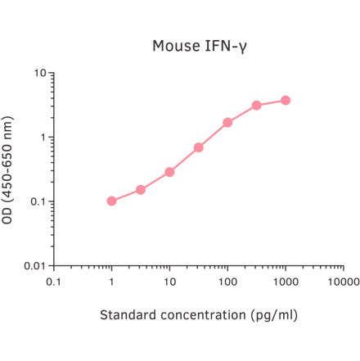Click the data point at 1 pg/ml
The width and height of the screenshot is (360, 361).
[112, 201]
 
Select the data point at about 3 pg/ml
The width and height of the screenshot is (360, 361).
[141, 190]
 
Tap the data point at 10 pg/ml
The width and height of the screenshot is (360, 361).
[170, 172]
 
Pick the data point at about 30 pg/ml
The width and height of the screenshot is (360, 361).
[199, 147]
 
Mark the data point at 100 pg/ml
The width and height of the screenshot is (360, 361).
[227, 123]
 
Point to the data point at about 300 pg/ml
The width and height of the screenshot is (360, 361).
[257, 105]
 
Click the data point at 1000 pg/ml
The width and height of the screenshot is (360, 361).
[286, 100]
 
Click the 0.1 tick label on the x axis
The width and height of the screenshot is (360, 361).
[54, 282]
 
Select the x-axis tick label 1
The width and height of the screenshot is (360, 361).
[112, 282]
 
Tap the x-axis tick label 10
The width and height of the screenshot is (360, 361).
[169, 282]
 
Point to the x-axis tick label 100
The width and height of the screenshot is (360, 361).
[227, 282]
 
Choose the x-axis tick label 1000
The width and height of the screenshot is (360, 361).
[286, 282]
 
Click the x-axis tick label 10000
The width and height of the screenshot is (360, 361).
[343, 282]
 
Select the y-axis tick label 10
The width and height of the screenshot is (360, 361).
[38, 74]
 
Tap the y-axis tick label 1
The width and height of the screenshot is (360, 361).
[42, 138]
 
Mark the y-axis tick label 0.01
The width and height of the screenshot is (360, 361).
[34, 266]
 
